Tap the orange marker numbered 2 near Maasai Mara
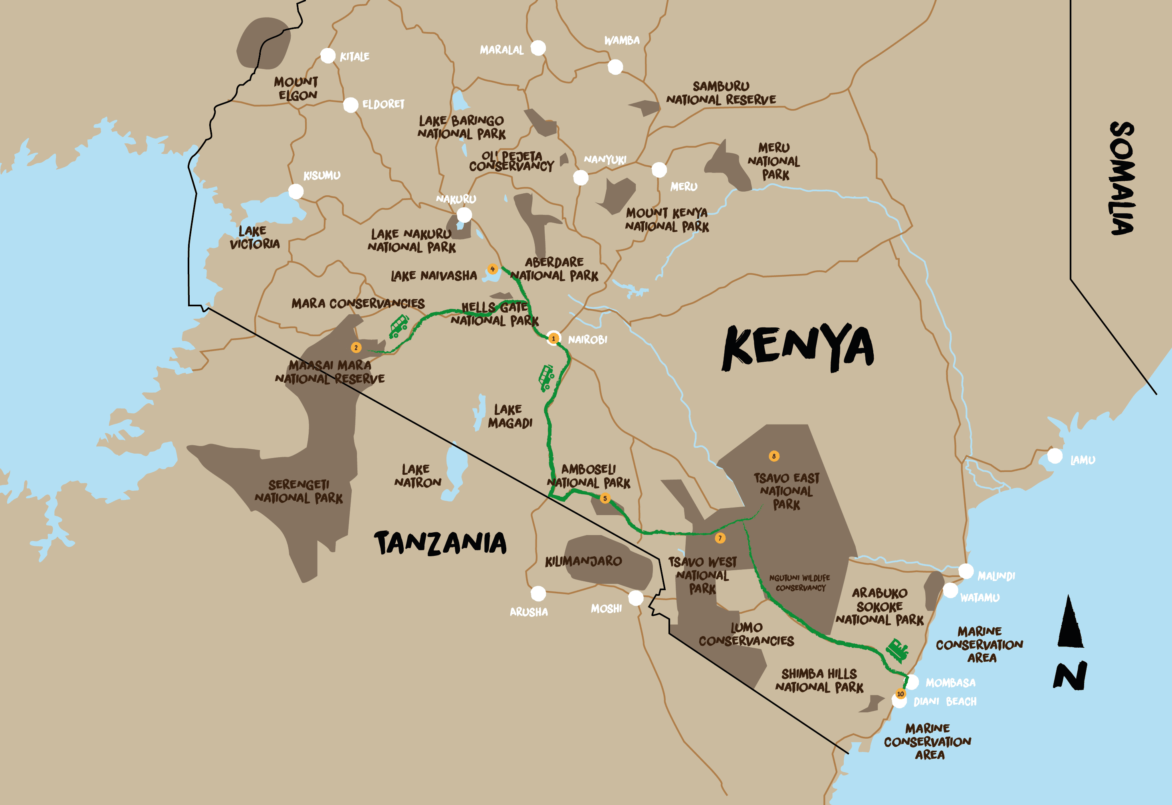click(x=356, y=347)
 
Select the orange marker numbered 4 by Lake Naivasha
click(x=492, y=269)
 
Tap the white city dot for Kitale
click(x=328, y=56)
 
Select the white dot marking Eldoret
click(x=351, y=105)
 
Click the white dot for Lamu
click(x=1055, y=456)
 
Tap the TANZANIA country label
click(x=440, y=543)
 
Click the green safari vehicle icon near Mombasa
click(x=898, y=650)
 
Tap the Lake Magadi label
click(x=510, y=416)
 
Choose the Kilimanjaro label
click(x=583, y=561)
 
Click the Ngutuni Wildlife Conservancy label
click(x=800, y=583)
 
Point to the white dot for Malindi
click(x=966, y=571)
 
